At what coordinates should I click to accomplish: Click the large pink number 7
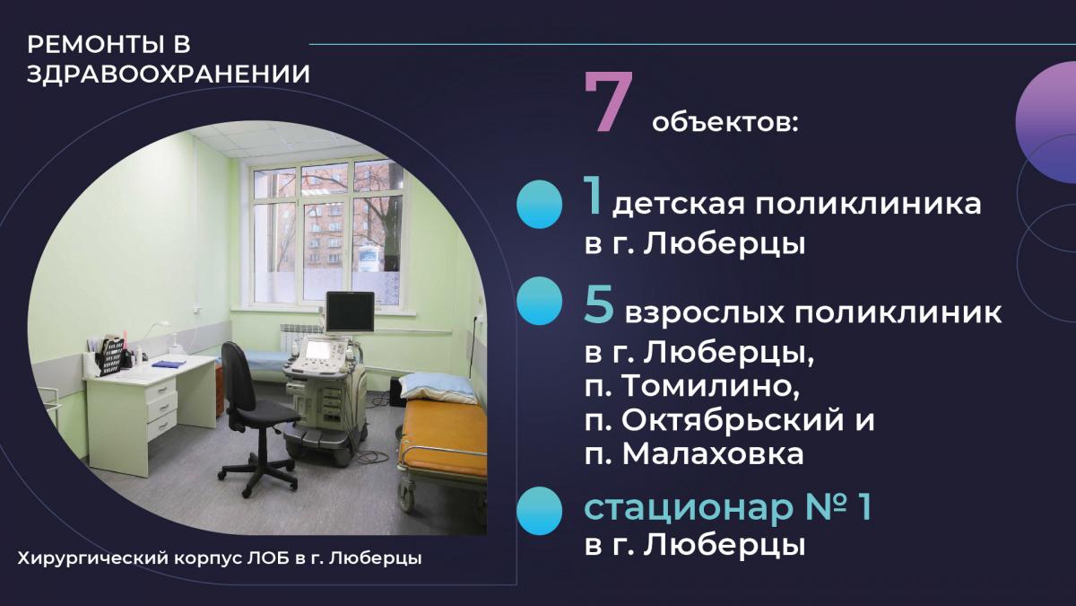609,102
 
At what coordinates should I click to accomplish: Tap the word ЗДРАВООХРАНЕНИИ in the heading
169,75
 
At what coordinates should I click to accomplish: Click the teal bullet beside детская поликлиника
540,204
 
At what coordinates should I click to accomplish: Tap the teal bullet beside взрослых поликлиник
540,301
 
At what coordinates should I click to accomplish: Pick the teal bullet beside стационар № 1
540,511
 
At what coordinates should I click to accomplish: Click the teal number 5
600,304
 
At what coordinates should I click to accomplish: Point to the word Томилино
711,385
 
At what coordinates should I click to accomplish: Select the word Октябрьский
733,419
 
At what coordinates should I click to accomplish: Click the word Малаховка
713,453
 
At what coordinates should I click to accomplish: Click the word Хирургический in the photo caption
92,558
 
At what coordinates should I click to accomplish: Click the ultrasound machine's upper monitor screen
350,312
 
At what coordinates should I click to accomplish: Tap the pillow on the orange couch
438,387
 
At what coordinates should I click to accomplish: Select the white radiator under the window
301,340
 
